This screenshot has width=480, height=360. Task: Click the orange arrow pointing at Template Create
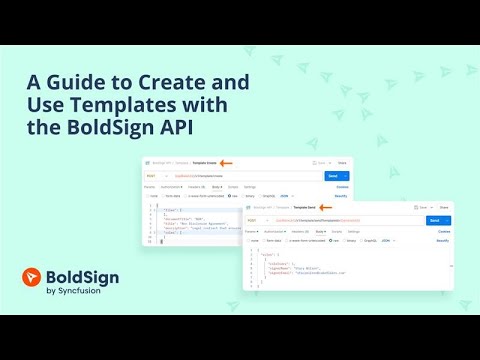pos(226,162)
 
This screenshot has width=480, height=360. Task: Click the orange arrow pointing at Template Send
pos(326,206)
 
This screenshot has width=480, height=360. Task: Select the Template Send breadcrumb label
pos(300,206)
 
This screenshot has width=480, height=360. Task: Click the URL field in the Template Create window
pos(240,175)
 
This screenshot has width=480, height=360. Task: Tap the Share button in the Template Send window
pos(444,206)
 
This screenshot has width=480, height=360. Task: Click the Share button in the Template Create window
pos(342,162)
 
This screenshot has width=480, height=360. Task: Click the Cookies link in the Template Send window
pos(444,231)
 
